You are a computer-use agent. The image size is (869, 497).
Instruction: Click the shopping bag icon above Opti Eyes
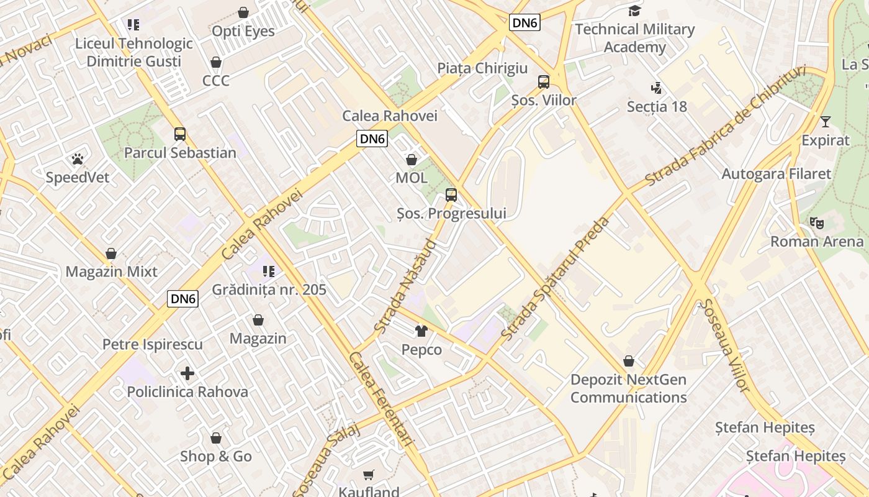pyautogui.click(x=243, y=12)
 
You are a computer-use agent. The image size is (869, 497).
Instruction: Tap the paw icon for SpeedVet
pyautogui.click(x=78, y=159)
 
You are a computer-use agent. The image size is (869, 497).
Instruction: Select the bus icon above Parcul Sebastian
pyautogui.click(x=180, y=134)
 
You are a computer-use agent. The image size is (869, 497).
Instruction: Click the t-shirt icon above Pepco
pyautogui.click(x=421, y=331)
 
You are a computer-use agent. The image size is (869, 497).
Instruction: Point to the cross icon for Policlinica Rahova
pyautogui.click(x=187, y=373)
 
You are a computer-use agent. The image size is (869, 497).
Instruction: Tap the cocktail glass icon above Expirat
pyautogui.click(x=825, y=122)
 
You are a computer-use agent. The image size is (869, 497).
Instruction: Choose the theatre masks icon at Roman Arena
pyautogui.click(x=817, y=222)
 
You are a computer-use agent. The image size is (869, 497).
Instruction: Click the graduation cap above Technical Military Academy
pyautogui.click(x=634, y=11)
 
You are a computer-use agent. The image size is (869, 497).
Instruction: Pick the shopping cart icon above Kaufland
pyautogui.click(x=369, y=475)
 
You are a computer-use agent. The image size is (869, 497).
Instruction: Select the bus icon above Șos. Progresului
pyautogui.click(x=451, y=195)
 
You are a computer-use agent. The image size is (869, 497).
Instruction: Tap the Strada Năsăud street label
pyautogui.click(x=406, y=286)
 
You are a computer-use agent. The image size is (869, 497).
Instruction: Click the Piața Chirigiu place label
pyautogui.click(x=482, y=68)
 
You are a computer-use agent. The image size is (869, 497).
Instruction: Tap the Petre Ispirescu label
pyautogui.click(x=153, y=344)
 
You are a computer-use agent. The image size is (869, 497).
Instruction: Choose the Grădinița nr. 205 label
pyautogui.click(x=269, y=290)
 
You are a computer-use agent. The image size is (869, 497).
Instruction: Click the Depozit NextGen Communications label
pyautogui.click(x=628, y=388)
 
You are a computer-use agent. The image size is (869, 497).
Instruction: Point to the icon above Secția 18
pyautogui.click(x=656, y=88)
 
